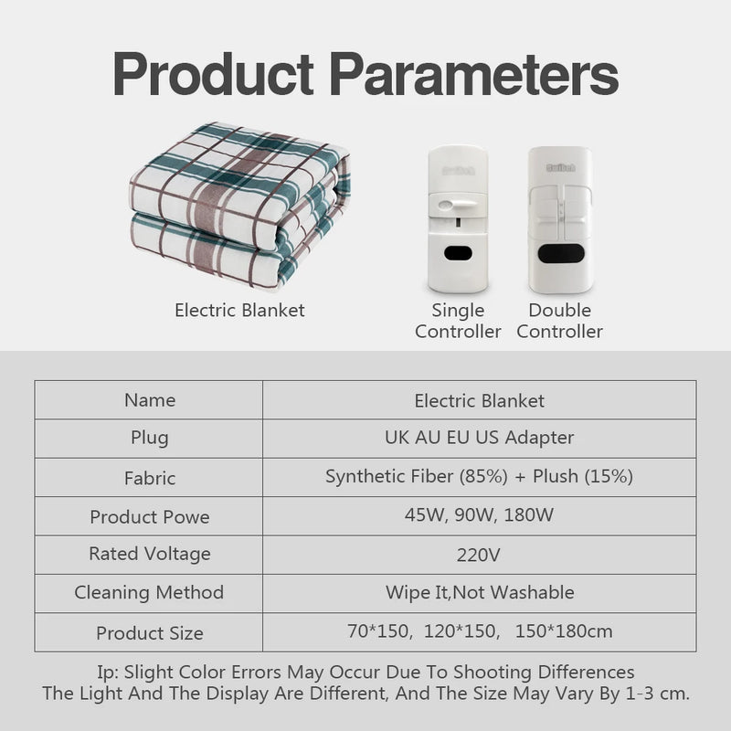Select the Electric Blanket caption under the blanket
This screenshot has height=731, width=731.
pyautogui.click(x=239, y=311)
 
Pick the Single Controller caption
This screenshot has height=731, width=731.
pyautogui.click(x=458, y=321)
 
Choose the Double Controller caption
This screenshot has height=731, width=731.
pyautogui.click(x=559, y=321)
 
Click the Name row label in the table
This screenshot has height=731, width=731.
pyautogui.click(x=150, y=400)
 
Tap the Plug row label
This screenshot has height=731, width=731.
pyautogui.click(x=150, y=438)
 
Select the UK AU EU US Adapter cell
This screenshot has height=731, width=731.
pyautogui.click(x=479, y=438)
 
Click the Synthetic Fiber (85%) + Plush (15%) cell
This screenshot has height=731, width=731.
pyautogui.click(x=479, y=476)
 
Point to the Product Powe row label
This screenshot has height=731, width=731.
pyautogui.click(x=150, y=516)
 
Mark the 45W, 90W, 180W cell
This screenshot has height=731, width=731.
pyautogui.click(x=479, y=514)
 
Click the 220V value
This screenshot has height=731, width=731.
pyautogui.click(x=479, y=554)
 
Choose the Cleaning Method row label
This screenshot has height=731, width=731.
pyautogui.click(x=150, y=592)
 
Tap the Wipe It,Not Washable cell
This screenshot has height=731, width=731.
pyautogui.click(x=479, y=592)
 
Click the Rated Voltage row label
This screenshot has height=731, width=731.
pyautogui.click(x=150, y=554)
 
